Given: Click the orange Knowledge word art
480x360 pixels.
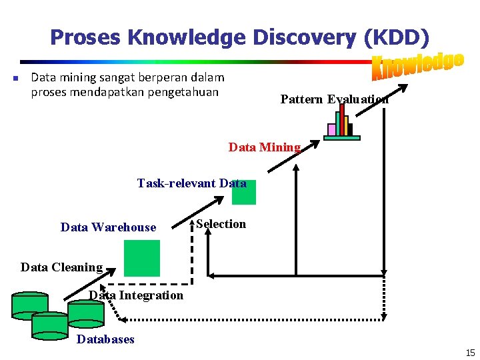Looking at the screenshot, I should click(417, 65).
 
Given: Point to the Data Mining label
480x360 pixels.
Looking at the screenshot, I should click(265, 147).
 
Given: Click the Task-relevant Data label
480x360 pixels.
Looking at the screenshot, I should click(191, 183).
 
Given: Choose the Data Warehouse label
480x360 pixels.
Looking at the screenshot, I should click(108, 227).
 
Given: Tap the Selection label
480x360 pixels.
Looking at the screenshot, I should click(221, 224).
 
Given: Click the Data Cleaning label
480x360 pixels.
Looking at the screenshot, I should click(61, 267).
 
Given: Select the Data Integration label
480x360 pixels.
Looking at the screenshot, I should click(136, 295).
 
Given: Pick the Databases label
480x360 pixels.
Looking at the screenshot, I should click(105, 339).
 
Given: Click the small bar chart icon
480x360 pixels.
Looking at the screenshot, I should click(341, 123).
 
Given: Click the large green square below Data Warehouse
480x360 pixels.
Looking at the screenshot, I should click(142, 258).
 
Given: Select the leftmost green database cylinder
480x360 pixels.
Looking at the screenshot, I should click(30, 305).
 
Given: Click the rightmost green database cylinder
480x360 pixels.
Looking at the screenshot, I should click(87, 313).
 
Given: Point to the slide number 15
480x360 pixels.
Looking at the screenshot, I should click(470, 353).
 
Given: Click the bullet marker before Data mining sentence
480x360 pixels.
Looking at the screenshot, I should click(15, 79).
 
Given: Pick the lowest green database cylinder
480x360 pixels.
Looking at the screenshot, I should click(50, 325).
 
